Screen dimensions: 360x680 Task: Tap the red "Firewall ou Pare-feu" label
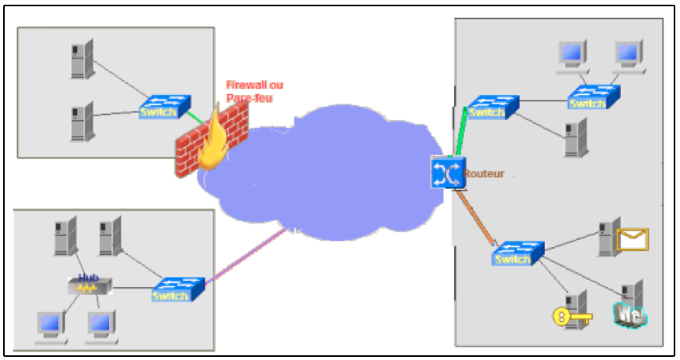pos(253,91)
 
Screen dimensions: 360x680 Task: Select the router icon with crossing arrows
pos(447,173)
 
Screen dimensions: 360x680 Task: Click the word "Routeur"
pos(485,173)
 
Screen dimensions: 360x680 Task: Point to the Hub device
pos(88,285)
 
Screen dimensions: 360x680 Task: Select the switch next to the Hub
pos(177,289)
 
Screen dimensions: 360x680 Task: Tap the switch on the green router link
pos(491,107)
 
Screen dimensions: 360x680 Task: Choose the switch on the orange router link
pos(518,253)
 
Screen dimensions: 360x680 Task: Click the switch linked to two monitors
pos(593,97)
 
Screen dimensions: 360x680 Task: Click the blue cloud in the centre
pos(345,173)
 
